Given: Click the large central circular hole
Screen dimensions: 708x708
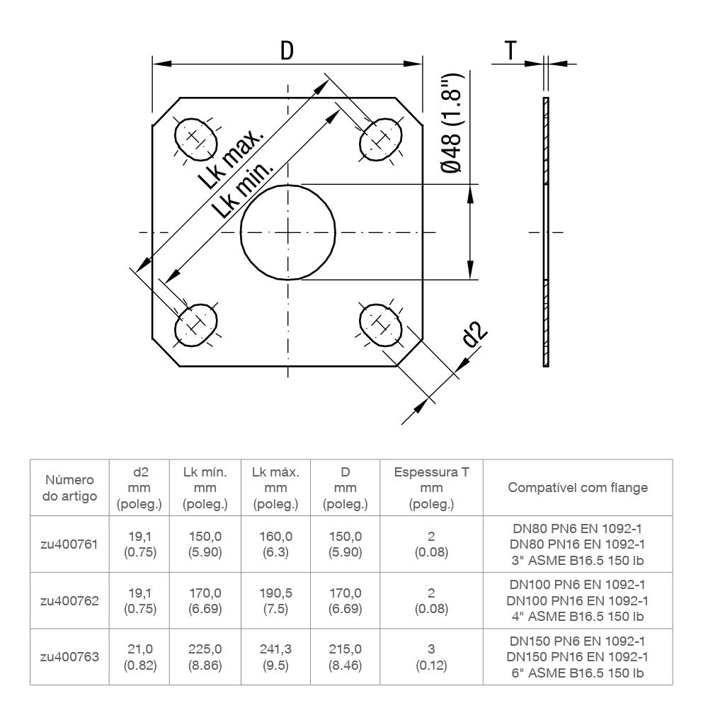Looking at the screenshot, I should (287, 232).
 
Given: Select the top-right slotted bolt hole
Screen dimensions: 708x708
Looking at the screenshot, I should (381, 139).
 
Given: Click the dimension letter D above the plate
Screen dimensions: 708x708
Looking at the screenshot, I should (287, 50).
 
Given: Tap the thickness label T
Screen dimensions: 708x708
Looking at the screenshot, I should (510, 50).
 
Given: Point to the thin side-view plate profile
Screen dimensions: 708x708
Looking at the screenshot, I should (545, 232).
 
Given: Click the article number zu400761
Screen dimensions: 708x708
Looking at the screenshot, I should (70, 544).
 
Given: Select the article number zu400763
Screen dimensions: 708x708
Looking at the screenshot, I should (70, 656).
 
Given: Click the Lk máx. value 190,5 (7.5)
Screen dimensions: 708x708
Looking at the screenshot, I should (276, 600).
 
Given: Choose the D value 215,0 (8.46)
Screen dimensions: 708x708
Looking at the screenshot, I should (346, 656).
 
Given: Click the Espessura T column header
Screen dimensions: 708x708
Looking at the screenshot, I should (430, 488).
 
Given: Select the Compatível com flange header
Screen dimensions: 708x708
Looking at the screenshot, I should (578, 488).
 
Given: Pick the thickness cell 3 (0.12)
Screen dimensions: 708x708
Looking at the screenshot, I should (430, 656).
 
